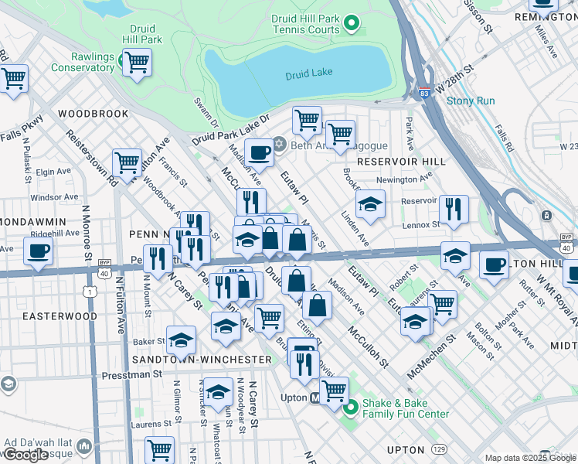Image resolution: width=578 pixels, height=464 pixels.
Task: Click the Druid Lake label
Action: tap(308, 73)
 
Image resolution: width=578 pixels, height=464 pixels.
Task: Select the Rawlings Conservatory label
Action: tap(83, 62)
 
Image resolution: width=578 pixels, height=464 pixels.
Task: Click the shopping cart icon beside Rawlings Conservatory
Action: tap(137, 62)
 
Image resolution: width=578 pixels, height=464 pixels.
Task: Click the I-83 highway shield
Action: tap(426, 93)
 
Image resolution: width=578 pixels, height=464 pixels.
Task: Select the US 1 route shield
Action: tap(92, 291)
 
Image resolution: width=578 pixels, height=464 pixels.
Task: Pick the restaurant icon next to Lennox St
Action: tap(454, 208)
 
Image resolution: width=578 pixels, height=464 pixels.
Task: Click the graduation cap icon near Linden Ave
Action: tap(371, 204)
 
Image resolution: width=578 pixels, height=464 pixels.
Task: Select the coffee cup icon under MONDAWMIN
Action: tap(38, 251)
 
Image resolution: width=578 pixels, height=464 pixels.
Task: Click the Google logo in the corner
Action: tap(26, 454)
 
